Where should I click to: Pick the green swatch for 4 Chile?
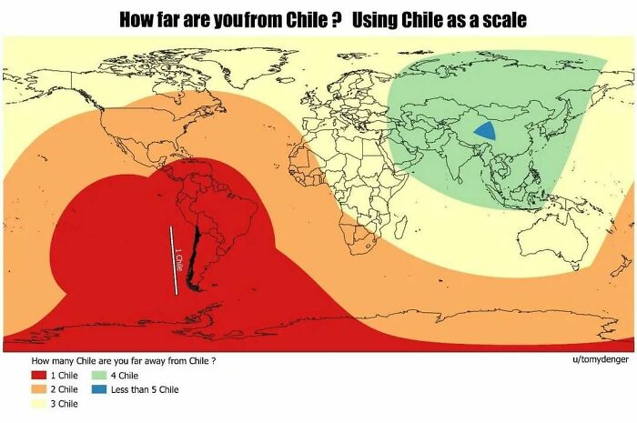[x=98, y=375]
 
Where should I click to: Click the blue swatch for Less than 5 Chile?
[x=98, y=388]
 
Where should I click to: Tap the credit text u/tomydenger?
[x=600, y=360]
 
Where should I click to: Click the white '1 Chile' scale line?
[x=174, y=260]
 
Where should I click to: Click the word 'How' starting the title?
[x=136, y=18]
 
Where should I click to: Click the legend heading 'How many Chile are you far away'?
[x=123, y=360]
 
